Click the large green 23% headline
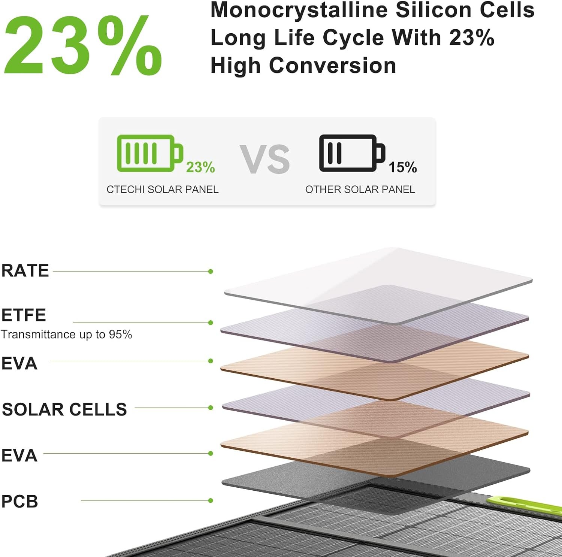pyautogui.click(x=83, y=45)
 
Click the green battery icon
pyautogui.click(x=150, y=153)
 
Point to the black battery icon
pyautogui.click(x=352, y=153)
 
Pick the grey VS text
pyautogui.click(x=265, y=159)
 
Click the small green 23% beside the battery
pyautogui.click(x=200, y=167)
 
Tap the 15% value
pyautogui.click(x=402, y=167)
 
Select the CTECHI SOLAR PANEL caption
pyautogui.click(x=163, y=190)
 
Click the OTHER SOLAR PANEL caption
pyautogui.click(x=360, y=190)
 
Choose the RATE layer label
pyautogui.click(x=25, y=270)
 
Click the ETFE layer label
pyautogui.click(x=24, y=315)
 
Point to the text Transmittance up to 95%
pyautogui.click(x=66, y=334)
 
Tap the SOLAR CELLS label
pyautogui.click(x=64, y=409)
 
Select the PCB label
pyautogui.click(x=20, y=502)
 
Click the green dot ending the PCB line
pyautogui.click(x=211, y=500)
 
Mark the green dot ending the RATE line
pyautogui.click(x=211, y=271)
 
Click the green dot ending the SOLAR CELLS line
pyautogui.click(x=211, y=408)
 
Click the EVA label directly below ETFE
pyautogui.click(x=19, y=363)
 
